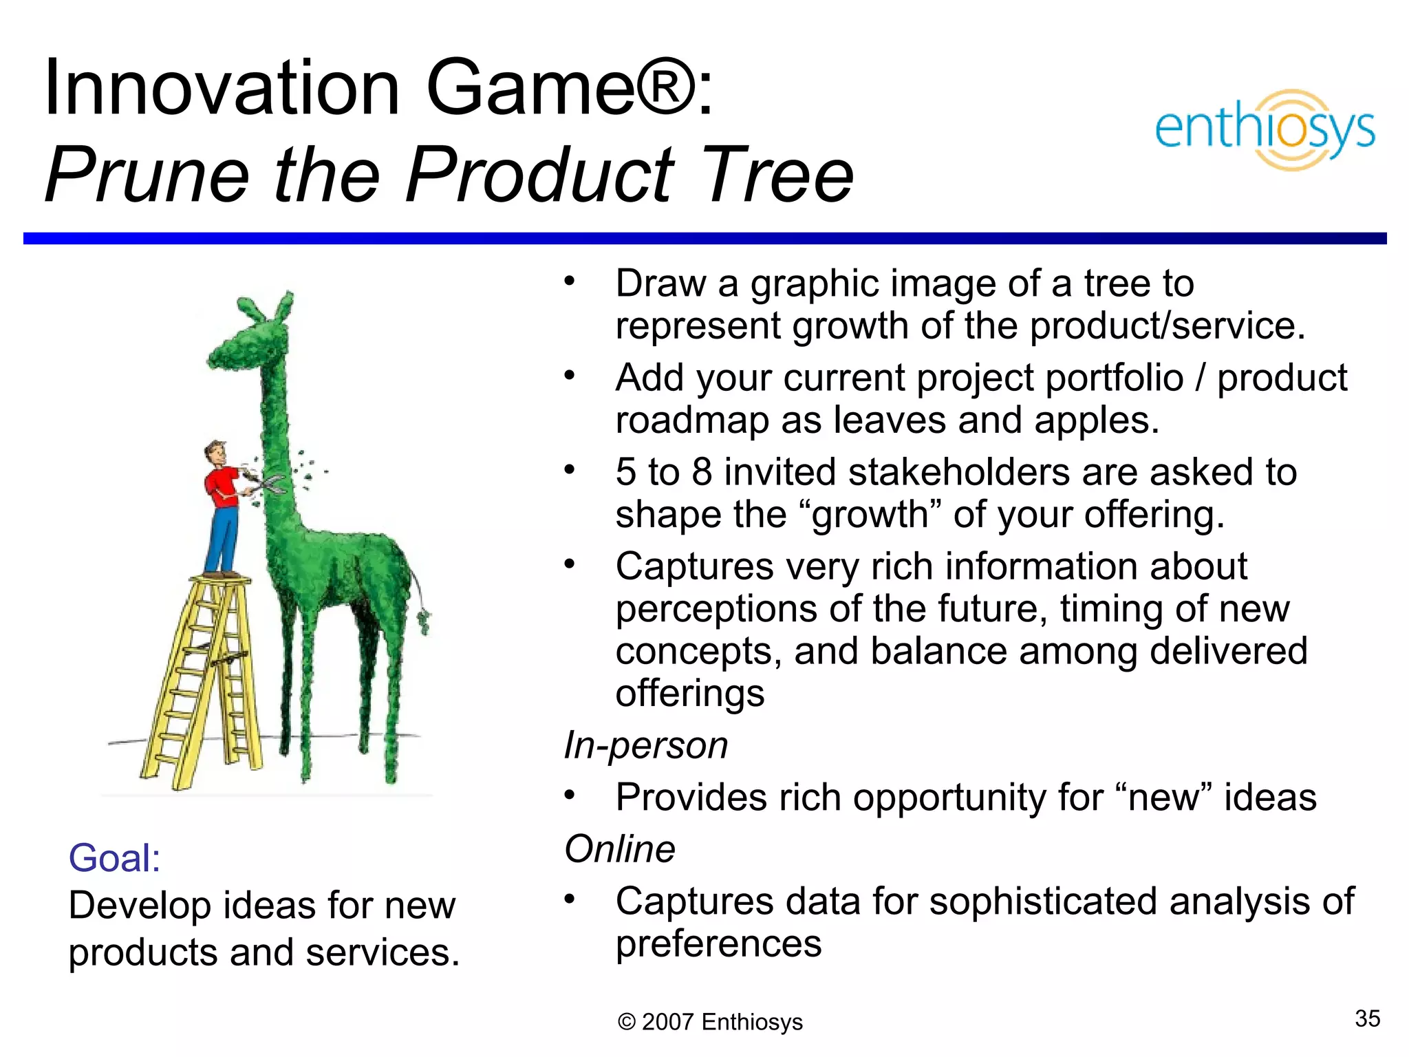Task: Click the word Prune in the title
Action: tap(147, 175)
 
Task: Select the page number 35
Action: tap(1367, 1018)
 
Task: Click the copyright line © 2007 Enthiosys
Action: tap(710, 1022)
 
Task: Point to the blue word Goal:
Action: tap(114, 858)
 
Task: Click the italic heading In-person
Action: tap(645, 745)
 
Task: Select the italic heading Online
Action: tap(619, 848)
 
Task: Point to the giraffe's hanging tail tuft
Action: tap(424, 619)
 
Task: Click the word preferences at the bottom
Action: tap(718, 944)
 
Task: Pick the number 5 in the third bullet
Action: tap(626, 473)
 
